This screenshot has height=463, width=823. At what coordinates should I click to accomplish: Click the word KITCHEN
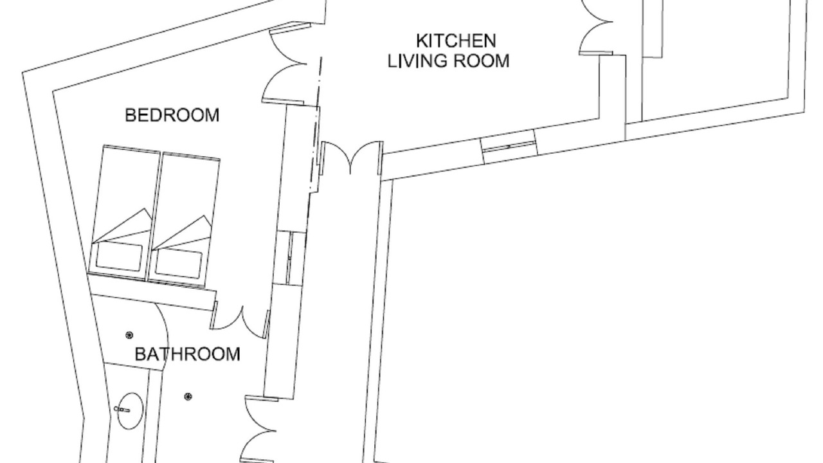point(456,41)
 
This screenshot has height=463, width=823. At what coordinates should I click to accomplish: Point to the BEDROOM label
point(172,115)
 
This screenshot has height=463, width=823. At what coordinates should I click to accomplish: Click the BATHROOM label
point(187,354)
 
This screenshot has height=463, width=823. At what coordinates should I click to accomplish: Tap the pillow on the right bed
point(179,264)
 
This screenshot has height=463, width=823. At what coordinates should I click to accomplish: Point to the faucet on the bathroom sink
point(122,409)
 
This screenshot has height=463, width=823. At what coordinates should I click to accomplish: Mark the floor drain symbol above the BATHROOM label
point(129,335)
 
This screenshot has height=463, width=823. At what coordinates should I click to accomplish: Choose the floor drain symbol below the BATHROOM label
point(188,397)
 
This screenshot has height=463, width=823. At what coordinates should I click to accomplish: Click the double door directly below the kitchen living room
point(352,158)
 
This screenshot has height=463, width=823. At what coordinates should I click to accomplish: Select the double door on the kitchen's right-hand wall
point(596,28)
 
